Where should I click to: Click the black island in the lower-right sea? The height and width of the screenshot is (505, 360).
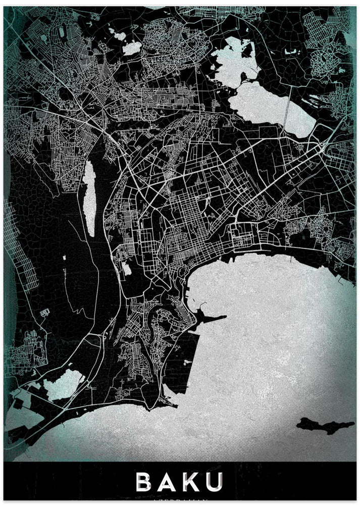(x=318, y=425)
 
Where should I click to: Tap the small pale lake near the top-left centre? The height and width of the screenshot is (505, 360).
(x=132, y=48)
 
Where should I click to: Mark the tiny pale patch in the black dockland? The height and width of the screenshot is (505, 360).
(x=187, y=363)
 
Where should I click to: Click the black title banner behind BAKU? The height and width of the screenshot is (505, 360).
(x=61, y=482)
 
